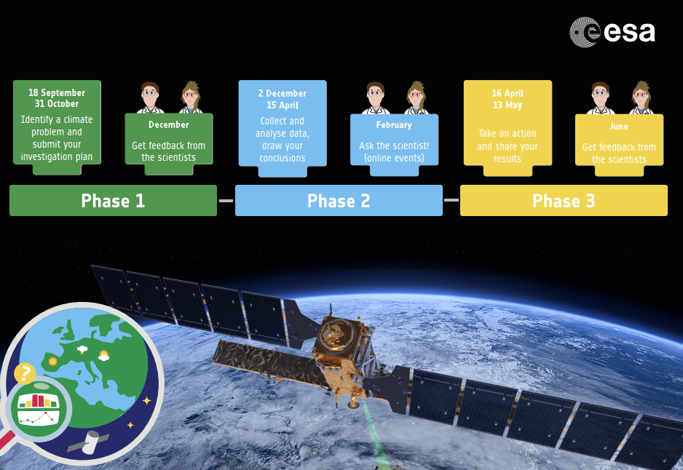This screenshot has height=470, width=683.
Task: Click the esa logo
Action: pos(612,32)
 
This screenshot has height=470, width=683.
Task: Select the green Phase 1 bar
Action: pos(114,200)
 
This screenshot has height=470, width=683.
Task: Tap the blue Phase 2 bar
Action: pos(339,200)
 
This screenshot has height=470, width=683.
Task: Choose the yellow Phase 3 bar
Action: pos(564,200)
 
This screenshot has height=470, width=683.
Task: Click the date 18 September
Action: pos(57,92)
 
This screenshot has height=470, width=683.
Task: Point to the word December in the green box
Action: pos(169,124)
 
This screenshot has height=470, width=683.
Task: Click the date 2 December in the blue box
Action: pos(283,94)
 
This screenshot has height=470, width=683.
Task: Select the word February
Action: pos(394,125)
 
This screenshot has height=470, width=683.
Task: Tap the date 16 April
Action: pos(508,93)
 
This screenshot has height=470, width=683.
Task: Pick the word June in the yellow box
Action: pos(619,126)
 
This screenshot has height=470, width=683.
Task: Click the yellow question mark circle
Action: pos(25,373)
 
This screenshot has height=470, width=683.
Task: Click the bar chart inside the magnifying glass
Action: pos(39,401)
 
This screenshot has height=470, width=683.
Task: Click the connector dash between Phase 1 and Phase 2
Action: pos(226,201)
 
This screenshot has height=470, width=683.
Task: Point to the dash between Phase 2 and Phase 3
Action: pos(451,200)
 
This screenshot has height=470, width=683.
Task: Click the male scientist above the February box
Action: pos(375,98)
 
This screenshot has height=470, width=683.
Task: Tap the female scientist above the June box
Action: pos(641,97)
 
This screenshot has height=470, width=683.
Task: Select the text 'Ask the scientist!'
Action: pos(394,146)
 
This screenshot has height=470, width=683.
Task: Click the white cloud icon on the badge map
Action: pos(82,349)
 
